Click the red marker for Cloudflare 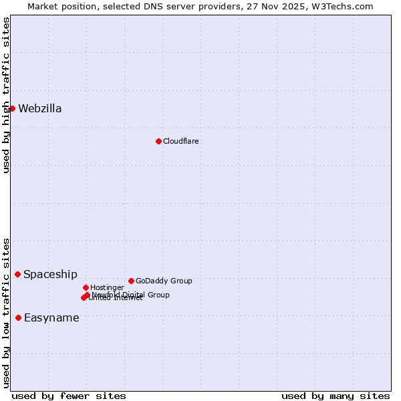click(158, 141)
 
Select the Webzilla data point click(12, 108)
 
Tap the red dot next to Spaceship click(18, 274)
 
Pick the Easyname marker click(18, 317)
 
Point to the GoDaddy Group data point click(131, 281)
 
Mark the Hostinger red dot click(86, 287)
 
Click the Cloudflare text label click(181, 141)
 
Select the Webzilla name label click(40, 109)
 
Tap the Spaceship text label click(50, 275)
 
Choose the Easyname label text click(51, 318)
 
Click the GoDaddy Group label click(164, 281)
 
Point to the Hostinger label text click(107, 287)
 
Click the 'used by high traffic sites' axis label click(7, 95)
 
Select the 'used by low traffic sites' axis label click(7, 313)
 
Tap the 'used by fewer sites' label click(69, 396)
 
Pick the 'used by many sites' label click(336, 396)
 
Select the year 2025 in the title click(295, 6)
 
